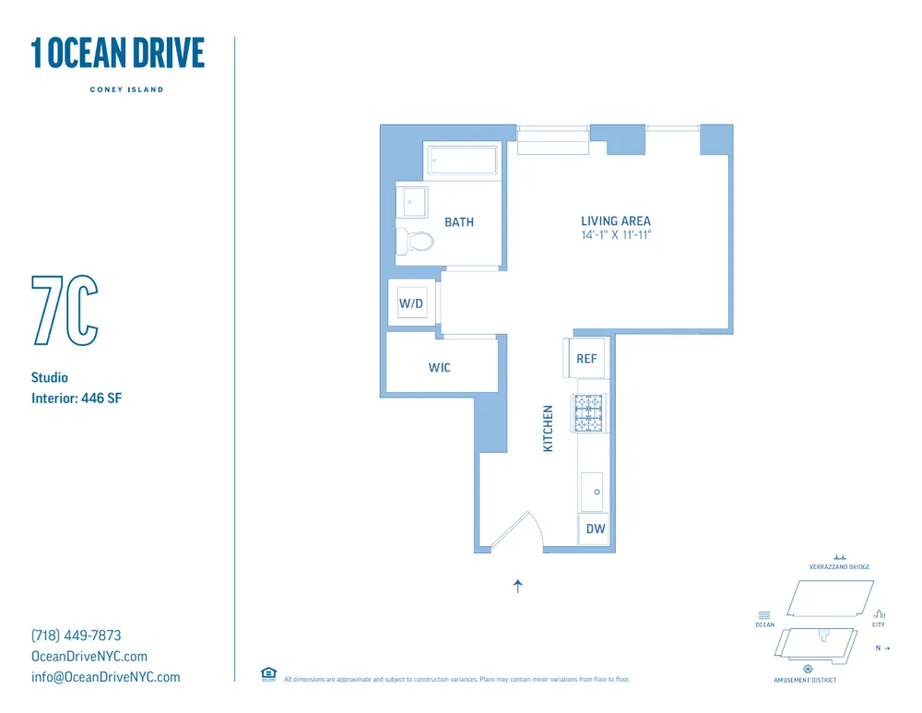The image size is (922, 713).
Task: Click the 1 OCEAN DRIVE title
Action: coord(118,53)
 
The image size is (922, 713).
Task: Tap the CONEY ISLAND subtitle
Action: coord(126,89)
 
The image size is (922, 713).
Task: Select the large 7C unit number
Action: coord(65,310)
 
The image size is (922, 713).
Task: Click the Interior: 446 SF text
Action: coord(77,398)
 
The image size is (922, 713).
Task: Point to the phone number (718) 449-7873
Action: coord(77,636)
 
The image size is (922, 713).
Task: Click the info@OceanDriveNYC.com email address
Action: coord(106,677)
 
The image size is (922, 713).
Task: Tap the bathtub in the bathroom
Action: coord(463,160)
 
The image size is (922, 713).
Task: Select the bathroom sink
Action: coord(412,201)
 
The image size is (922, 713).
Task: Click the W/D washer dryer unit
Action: coord(412,303)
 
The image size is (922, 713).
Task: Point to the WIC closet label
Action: coord(440,368)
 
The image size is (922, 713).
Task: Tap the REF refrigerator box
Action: coord(586,359)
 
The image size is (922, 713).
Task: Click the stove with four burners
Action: coord(588,413)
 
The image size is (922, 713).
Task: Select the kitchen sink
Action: coord(592,492)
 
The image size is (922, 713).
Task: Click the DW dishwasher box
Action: coord(596,529)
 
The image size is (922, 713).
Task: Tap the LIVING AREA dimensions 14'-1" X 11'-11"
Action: coord(615,235)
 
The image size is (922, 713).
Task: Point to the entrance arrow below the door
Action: coord(518,585)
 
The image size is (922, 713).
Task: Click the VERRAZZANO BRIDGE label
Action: coord(839,567)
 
